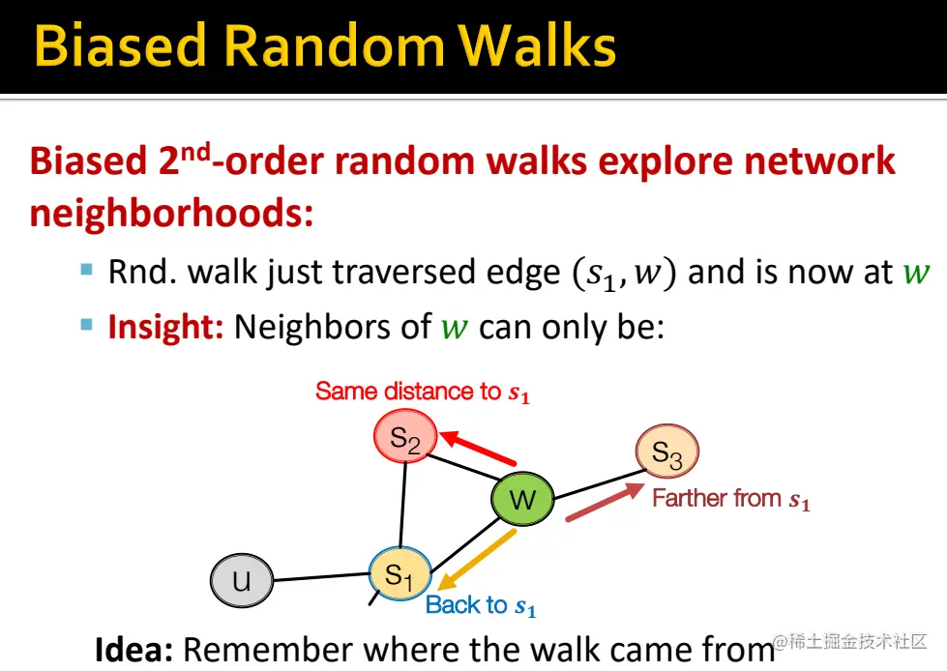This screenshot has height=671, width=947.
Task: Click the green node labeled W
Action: pos(521,500)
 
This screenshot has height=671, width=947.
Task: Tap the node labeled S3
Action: pos(666,452)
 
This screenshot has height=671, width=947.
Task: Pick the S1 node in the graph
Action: pos(399,575)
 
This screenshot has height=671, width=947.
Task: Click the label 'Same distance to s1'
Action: pos(423,392)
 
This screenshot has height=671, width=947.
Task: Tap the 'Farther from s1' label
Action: pos(730,499)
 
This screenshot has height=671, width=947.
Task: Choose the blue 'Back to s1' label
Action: pos(481,606)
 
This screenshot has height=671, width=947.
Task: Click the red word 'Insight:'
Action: pos(165,327)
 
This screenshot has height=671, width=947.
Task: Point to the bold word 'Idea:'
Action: pos(133,650)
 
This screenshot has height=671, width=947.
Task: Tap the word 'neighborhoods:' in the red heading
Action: pos(171,212)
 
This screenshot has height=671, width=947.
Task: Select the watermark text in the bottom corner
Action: pos(850,642)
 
